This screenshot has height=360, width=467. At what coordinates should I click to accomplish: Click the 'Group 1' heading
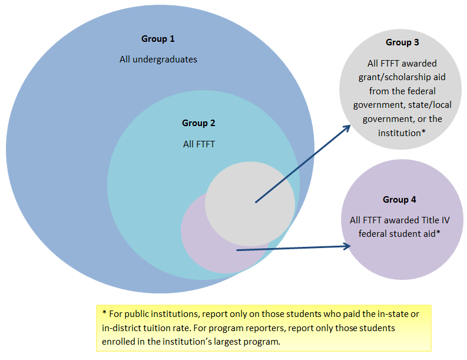pyautogui.click(x=158, y=39)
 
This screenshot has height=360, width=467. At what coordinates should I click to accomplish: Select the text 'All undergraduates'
pyautogui.click(x=158, y=59)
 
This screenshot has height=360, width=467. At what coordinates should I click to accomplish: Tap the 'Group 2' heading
pyautogui.click(x=198, y=123)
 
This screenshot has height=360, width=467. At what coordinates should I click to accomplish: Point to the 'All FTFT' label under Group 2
pyautogui.click(x=198, y=143)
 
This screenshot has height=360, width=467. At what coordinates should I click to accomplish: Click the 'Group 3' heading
pyautogui.click(x=402, y=42)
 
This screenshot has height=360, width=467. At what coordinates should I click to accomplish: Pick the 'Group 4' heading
pyautogui.click(x=399, y=200)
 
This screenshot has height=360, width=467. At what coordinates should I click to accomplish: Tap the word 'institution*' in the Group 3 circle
pyautogui.click(x=402, y=133)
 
